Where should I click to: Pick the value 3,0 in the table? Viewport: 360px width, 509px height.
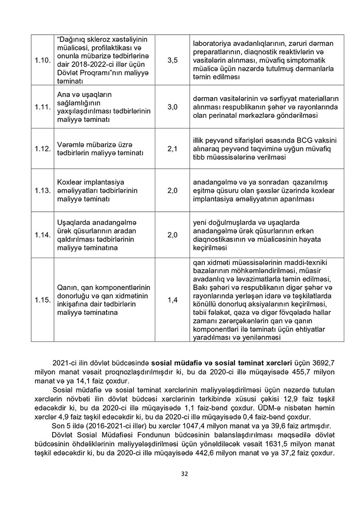click(x=172, y=107)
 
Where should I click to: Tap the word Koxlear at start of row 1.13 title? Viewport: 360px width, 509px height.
click(x=71, y=182)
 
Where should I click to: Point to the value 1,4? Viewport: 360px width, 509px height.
click(x=172, y=299)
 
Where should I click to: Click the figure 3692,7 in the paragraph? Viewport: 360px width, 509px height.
click(x=323, y=362)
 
